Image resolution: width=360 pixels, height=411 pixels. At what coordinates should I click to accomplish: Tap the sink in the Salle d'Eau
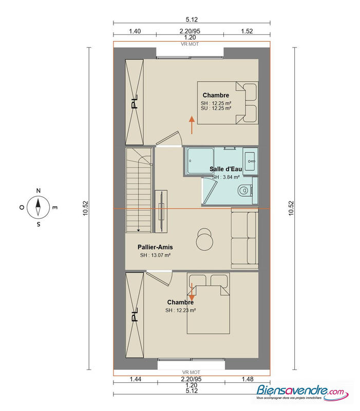(x=251, y=160)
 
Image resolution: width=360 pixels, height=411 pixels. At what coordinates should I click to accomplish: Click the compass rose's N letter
(x=38, y=191)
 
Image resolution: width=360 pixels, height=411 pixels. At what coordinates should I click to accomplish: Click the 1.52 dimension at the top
(x=247, y=31)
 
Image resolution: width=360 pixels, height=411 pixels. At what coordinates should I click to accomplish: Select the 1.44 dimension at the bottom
(x=135, y=379)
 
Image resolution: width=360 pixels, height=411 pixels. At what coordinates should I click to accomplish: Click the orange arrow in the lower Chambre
(x=192, y=294)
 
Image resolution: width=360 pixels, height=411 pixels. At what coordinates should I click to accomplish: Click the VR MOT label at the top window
(x=190, y=44)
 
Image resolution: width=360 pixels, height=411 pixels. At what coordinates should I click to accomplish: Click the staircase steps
(x=139, y=190)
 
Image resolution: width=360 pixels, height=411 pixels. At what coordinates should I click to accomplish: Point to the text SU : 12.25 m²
(x=216, y=108)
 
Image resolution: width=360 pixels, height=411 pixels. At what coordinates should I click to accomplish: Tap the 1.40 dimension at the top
(x=135, y=31)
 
